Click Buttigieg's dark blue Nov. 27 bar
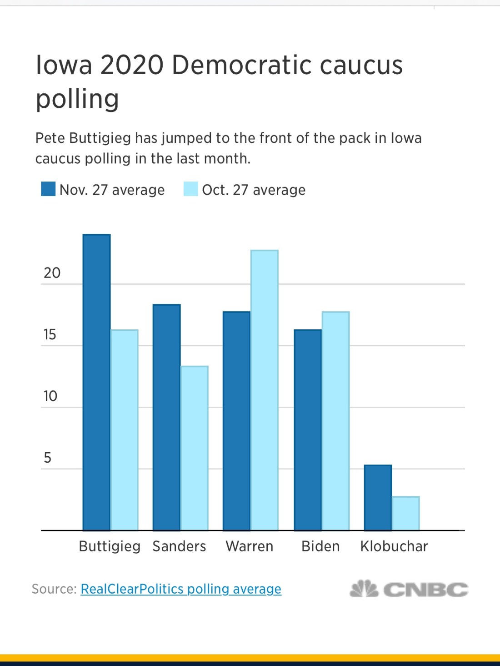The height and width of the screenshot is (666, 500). click(96, 382)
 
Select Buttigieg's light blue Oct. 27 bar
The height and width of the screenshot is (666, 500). click(125, 430)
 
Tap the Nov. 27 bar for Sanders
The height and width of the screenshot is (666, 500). click(166, 417)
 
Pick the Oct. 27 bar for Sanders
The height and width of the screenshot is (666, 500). click(195, 448)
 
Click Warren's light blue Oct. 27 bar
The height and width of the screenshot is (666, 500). click(265, 390)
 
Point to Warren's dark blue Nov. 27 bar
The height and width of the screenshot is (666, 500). click(236, 421)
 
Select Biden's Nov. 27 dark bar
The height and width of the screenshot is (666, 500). click(308, 430)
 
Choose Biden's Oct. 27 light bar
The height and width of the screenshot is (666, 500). click(336, 421)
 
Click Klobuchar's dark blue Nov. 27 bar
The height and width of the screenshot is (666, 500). click(378, 498)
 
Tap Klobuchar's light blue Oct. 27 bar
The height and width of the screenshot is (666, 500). click(406, 513)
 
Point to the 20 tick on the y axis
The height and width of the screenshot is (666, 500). click(52, 273)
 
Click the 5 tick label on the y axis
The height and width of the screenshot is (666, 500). click(47, 458)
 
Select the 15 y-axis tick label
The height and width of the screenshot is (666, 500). click(50, 335)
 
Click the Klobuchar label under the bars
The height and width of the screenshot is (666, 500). click(394, 546)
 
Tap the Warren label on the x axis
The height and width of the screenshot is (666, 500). click(250, 546)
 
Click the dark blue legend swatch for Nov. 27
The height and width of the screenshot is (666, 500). click(48, 189)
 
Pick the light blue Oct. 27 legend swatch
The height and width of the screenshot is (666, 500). click(191, 189)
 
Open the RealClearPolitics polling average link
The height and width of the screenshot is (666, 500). click(181, 589)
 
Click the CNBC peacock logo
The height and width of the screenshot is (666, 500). click(364, 589)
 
